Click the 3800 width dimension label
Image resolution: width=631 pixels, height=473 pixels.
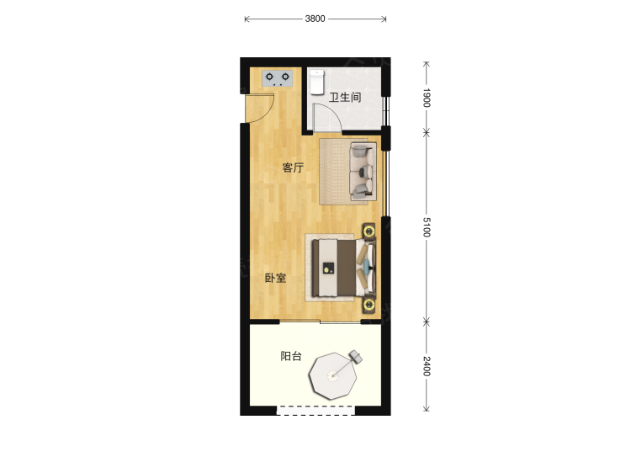tap(315, 19)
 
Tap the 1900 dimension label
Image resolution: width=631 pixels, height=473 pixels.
tap(427, 98)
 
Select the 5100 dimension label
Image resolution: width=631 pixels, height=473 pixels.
tap(427, 227)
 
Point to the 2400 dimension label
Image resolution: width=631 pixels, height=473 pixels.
tap(427, 366)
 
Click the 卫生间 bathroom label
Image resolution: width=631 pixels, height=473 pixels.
tap(345, 98)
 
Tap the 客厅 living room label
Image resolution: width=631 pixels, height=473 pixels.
tap(293, 167)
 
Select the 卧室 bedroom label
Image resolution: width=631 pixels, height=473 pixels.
tap(276, 278)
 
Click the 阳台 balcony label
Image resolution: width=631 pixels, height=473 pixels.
tap(291, 356)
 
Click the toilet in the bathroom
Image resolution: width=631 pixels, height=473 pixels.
tap(317, 82)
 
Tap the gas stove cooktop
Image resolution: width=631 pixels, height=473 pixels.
tap(278, 78)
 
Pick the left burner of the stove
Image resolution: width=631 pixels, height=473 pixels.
tap(269, 77)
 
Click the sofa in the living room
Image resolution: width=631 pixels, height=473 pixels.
tap(363, 172)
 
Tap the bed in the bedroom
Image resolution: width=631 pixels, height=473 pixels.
tap(344, 268)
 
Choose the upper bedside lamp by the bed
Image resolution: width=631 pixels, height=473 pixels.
tap(369, 231)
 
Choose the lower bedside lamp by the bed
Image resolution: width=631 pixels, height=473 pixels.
tap(369, 305)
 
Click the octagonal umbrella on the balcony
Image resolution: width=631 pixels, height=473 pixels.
tap(333, 376)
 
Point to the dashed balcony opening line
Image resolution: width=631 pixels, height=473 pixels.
tap(315, 407)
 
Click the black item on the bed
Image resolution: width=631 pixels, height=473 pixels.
tap(329, 268)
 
